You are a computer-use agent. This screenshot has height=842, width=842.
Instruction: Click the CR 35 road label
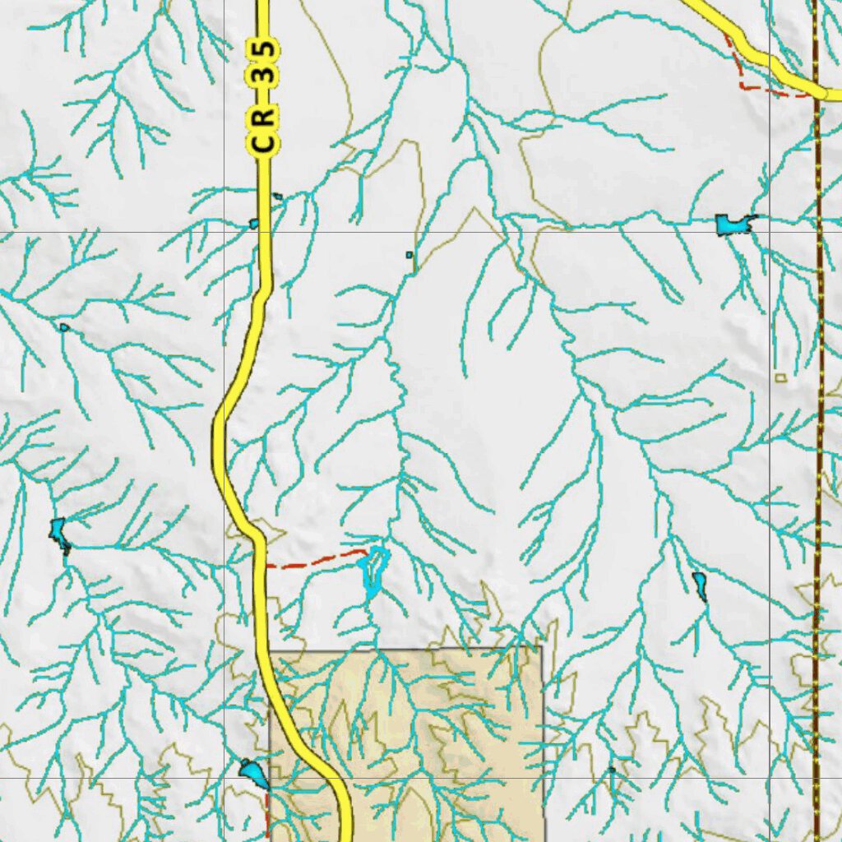click(264, 97)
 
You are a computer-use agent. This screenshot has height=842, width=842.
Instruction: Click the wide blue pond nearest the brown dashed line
click(733, 224)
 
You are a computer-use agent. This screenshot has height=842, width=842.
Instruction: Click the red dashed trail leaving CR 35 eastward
click(316, 561)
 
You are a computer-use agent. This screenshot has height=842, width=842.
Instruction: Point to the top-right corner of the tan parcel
click(542, 647)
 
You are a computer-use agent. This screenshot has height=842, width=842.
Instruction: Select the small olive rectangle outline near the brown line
click(780, 377)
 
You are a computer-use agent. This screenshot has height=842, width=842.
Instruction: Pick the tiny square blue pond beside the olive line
click(409, 255)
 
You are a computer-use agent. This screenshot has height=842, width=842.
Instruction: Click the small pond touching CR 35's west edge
click(254, 223)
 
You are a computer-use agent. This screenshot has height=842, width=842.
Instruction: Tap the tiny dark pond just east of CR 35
click(278, 197)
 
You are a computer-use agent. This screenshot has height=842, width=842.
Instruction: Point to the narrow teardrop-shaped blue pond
click(699, 585)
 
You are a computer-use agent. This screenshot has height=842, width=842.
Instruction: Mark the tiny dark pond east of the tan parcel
click(612, 770)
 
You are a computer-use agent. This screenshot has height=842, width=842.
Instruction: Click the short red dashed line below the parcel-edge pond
click(268, 814)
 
